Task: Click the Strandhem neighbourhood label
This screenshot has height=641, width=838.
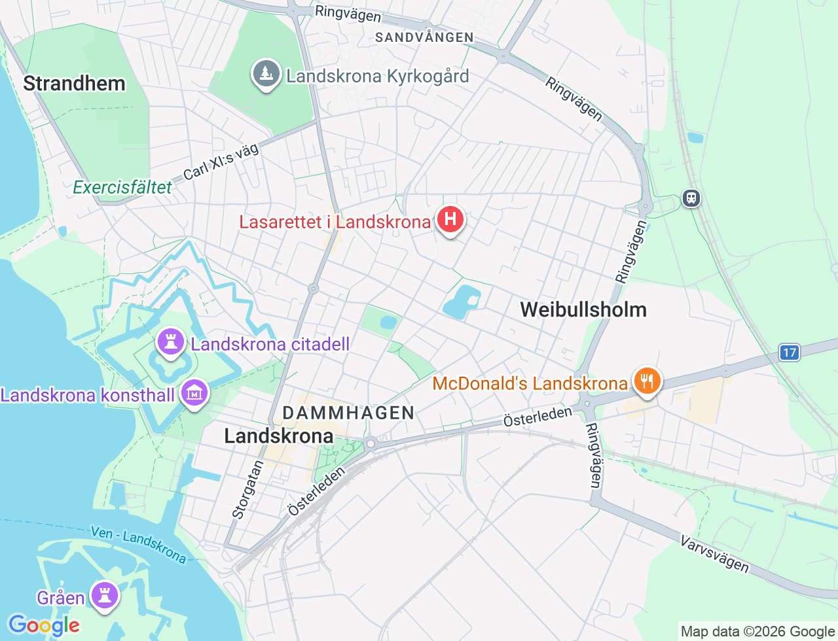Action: coord(74,84)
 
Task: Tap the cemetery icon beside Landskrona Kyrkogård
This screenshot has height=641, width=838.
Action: coord(266,75)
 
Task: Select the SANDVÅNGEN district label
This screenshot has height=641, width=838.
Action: coord(424,37)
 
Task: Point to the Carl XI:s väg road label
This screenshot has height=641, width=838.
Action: coord(221,162)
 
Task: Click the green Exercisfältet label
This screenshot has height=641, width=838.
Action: coord(122,188)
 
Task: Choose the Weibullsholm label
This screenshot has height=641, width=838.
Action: coord(583,309)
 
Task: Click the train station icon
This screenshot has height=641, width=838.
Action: coord(691,198)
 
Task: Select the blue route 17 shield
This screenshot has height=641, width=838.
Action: coord(790,353)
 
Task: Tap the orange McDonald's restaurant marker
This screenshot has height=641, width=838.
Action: coord(647,381)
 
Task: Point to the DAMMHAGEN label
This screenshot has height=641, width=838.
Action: coord(348,413)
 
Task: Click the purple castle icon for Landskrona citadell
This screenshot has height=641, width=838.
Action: coord(171,342)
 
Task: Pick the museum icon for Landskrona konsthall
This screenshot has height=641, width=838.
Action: coord(194,393)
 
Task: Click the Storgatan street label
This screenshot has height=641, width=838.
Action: coord(248,490)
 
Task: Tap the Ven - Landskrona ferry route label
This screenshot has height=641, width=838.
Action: coord(139,544)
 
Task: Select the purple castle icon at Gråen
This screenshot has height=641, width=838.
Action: coord(104,596)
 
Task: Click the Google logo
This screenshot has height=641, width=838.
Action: coord(44,625)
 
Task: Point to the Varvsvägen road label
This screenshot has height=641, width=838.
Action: coord(714,553)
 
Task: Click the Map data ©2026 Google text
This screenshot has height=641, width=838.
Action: coord(757,631)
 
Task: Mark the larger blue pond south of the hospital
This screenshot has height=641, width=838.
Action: coord(461,302)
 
